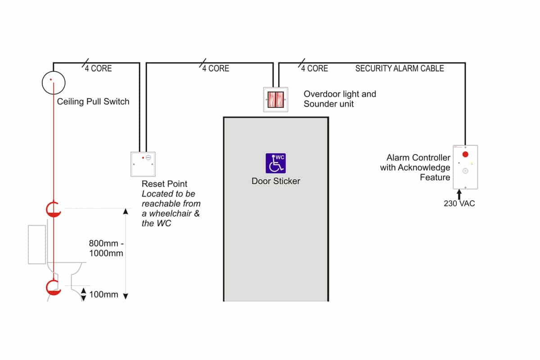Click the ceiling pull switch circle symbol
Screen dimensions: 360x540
click(x=54, y=82)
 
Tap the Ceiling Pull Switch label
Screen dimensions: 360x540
click(x=93, y=102)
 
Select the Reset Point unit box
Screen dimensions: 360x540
click(x=143, y=165)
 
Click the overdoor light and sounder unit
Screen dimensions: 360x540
click(x=275, y=99)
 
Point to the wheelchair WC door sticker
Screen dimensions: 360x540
click(x=275, y=163)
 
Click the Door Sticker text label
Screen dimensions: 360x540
click(x=275, y=181)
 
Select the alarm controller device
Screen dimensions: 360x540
click(x=465, y=166)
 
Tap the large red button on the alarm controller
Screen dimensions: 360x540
click(x=465, y=154)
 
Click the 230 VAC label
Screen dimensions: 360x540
click(x=459, y=203)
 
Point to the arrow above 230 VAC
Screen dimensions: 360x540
click(x=459, y=194)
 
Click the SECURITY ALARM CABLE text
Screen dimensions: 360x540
click(x=400, y=68)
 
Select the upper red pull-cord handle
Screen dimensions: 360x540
click(x=54, y=210)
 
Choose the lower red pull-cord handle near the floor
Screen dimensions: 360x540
click(x=54, y=287)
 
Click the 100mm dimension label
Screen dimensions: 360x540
click(x=104, y=295)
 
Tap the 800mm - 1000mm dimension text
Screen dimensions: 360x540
click(x=106, y=248)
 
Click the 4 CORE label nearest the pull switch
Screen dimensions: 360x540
click(x=98, y=68)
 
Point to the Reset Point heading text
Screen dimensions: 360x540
click(x=164, y=184)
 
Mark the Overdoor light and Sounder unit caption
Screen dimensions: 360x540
click(x=339, y=99)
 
